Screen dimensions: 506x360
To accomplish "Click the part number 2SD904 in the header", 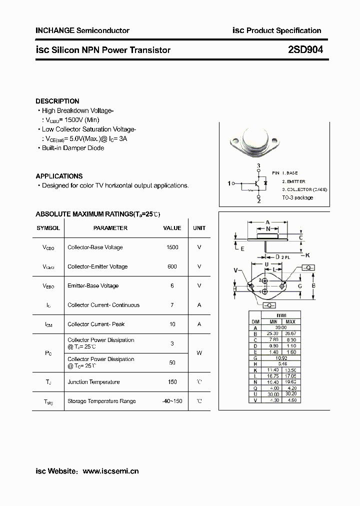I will point(305,49).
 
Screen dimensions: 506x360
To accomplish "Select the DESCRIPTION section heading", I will point(57,101).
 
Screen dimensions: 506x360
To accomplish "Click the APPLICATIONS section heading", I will point(59,176).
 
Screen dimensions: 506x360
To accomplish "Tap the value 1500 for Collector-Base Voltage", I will point(172,247).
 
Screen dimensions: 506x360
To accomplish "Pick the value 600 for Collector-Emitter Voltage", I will point(172,266).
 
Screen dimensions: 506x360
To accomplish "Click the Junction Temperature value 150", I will point(172,382).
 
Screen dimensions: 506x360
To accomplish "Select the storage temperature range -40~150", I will point(172,401).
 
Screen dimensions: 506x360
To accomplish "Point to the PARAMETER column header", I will point(110,228).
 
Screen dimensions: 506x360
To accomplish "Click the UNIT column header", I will point(199,228).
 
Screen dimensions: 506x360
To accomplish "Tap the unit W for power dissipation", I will point(199,353).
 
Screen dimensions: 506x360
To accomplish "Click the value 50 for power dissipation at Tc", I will point(172,362).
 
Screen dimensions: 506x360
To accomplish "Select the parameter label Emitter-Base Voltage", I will point(93,286).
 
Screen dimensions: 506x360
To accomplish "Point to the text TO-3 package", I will point(297,197).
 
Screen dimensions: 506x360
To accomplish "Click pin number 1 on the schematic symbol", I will point(229,183).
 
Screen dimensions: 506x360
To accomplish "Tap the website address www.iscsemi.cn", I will point(110,471).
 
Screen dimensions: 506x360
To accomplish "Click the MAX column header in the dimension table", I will point(290,321).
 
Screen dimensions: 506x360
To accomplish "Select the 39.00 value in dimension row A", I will point(281,327).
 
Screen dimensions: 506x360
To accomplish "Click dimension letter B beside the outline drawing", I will point(313,285).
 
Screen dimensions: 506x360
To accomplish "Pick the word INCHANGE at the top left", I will point(54,30).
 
